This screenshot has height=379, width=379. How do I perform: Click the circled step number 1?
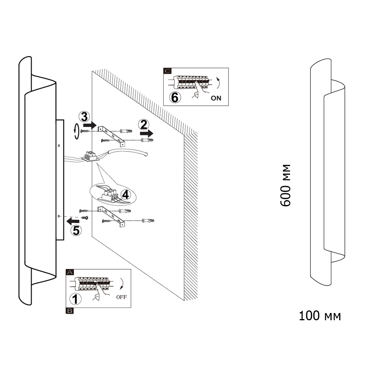click(77, 299)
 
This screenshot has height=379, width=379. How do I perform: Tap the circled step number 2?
click(143, 125)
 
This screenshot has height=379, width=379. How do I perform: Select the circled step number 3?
click(84, 116)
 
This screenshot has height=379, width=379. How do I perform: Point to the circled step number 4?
click(126, 195)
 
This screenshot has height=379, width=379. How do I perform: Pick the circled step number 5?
click(76, 230)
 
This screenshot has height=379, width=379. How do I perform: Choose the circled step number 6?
click(174, 97)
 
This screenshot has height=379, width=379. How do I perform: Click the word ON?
click(216, 98)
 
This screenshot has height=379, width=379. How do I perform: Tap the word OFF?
click(121, 297)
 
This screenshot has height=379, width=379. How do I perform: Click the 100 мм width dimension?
click(319, 316)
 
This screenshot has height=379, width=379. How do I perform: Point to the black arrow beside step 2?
click(147, 133)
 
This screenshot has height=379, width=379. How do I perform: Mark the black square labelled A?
click(70, 272)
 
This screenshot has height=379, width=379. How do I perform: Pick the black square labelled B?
click(70, 311)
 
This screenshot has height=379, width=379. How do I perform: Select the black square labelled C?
click(167, 71)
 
